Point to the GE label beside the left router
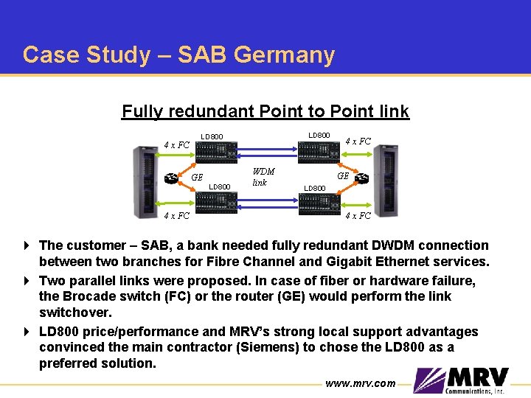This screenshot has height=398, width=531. pos(197,178)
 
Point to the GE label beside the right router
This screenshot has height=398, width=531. pos(343,176)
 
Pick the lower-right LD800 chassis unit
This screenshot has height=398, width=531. pos(318,203)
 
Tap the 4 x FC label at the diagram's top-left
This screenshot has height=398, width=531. pos(176,144)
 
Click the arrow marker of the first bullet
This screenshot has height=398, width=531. pos(27,245)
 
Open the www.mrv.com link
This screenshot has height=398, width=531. pos(359,383)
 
